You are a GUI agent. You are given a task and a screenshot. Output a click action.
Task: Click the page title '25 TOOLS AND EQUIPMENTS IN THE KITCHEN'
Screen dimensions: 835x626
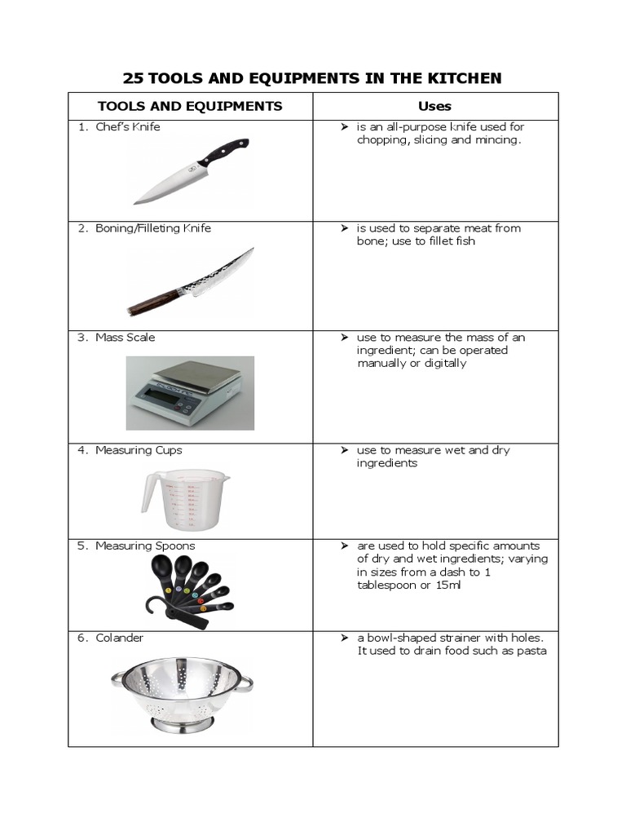point(312,78)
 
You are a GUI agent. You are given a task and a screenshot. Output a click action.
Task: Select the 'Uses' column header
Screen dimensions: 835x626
point(434,106)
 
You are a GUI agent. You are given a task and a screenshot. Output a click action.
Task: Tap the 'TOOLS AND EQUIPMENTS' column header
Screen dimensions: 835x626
point(190,106)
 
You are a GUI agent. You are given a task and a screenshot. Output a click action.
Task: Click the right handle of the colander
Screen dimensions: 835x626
point(243,681)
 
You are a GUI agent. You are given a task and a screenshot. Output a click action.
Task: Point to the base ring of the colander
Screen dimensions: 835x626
point(183,722)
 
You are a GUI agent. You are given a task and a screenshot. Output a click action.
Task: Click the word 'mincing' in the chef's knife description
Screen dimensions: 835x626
point(496,140)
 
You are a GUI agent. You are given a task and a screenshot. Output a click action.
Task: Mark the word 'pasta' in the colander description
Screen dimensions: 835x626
point(531,651)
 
